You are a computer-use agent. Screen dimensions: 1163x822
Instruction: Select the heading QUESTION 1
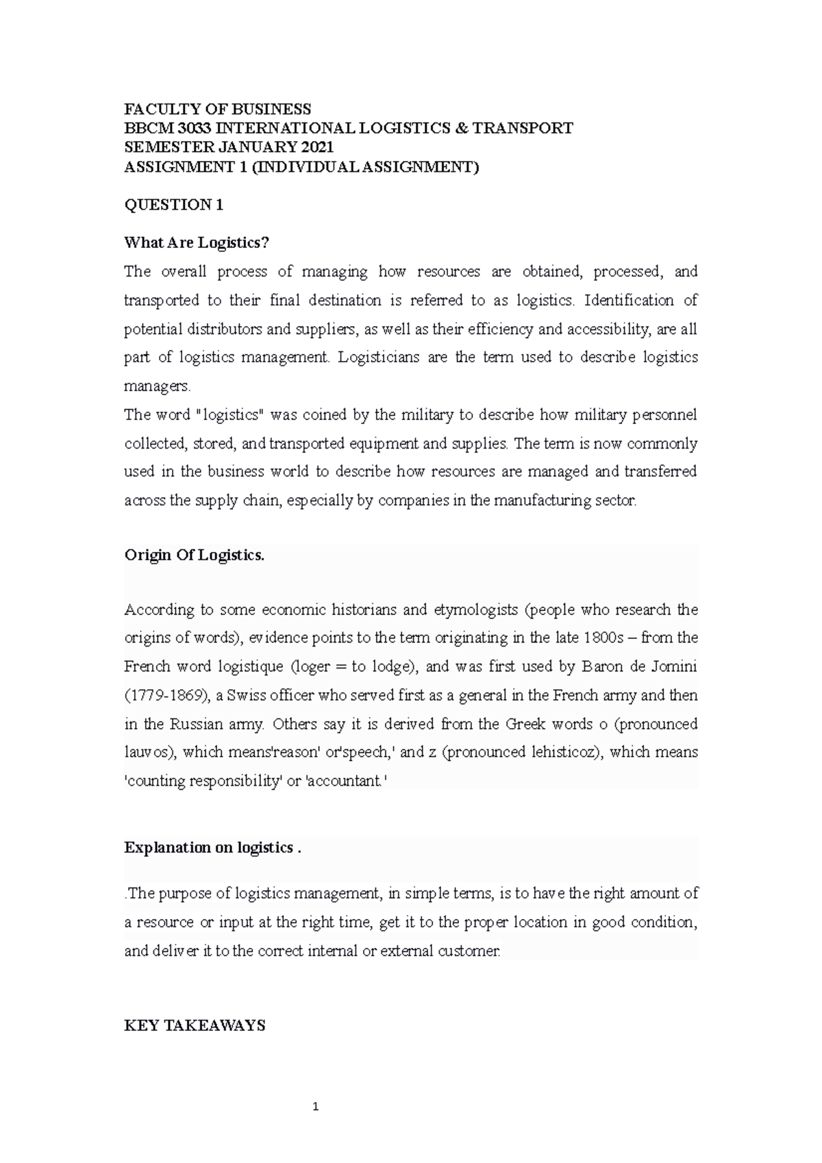(173, 205)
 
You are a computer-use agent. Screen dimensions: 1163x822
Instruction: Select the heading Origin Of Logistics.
(194, 555)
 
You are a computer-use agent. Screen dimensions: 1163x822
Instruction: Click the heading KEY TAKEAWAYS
(194, 1026)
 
